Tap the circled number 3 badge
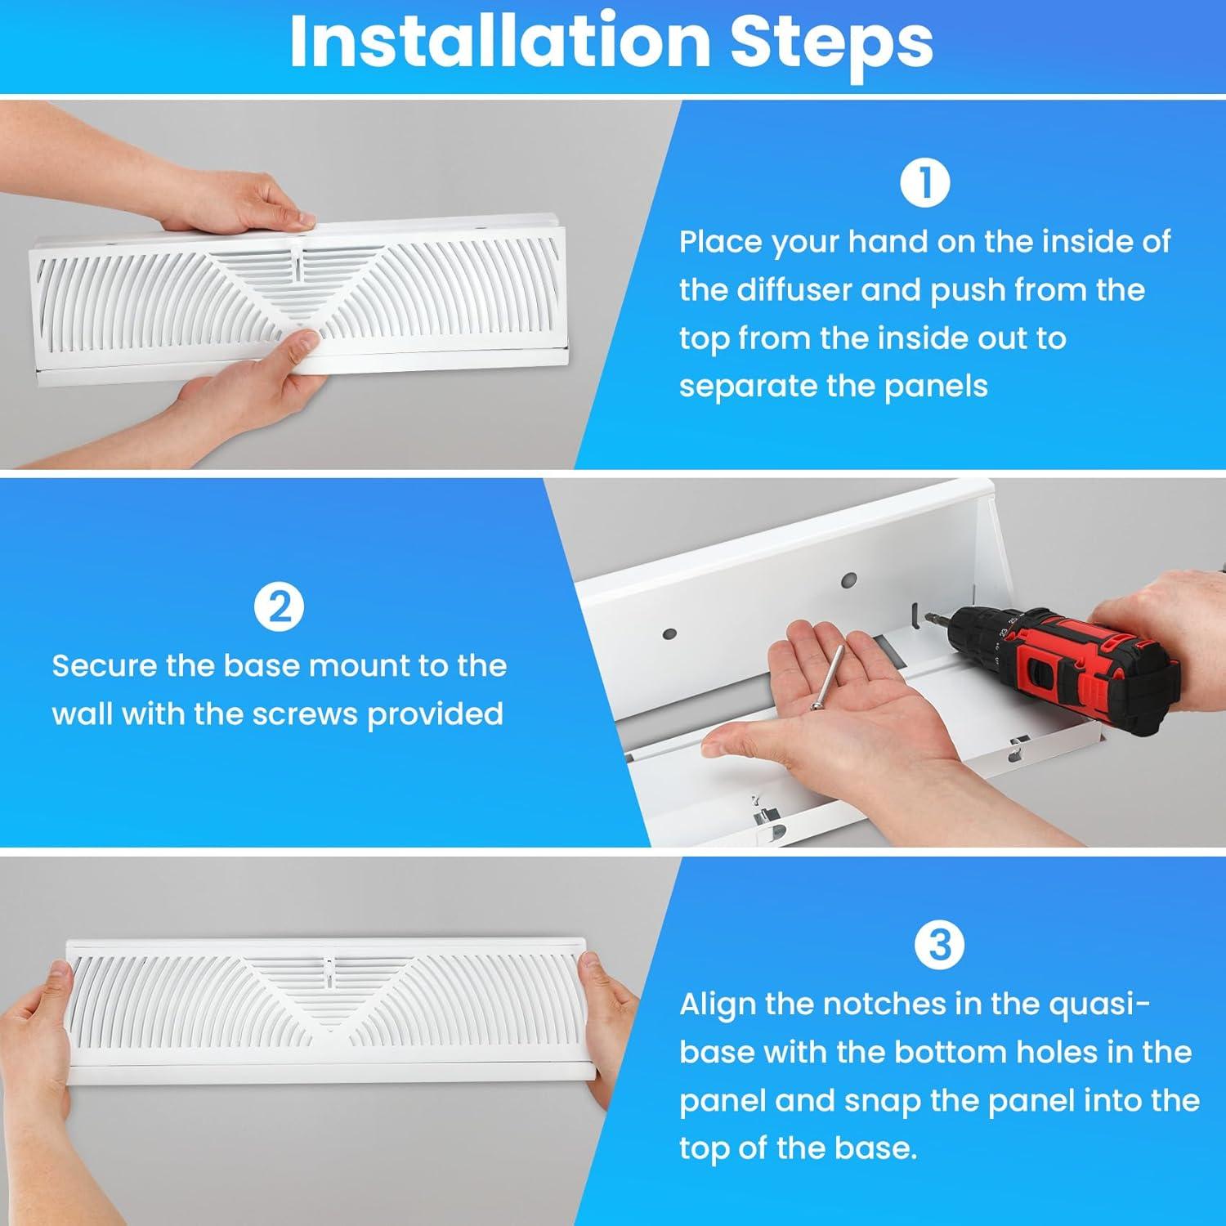[940, 946]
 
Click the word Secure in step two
[104, 665]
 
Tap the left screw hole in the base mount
[669, 633]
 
